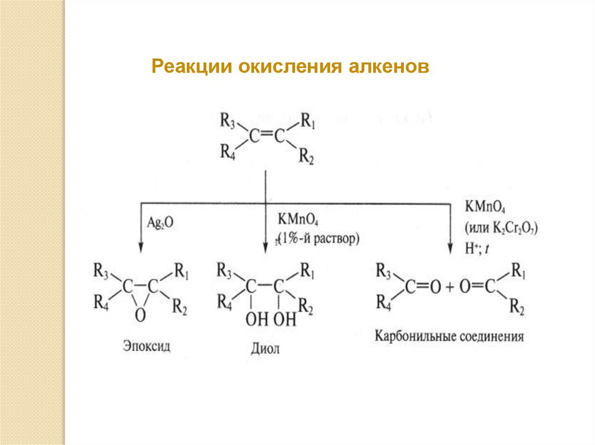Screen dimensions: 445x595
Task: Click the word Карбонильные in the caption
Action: point(414,337)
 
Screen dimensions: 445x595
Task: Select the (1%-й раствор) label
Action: point(318,238)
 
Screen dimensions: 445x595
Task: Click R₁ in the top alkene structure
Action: point(308,121)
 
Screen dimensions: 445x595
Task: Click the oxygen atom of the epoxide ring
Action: point(139,315)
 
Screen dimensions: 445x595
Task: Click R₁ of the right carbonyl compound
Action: point(517,271)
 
